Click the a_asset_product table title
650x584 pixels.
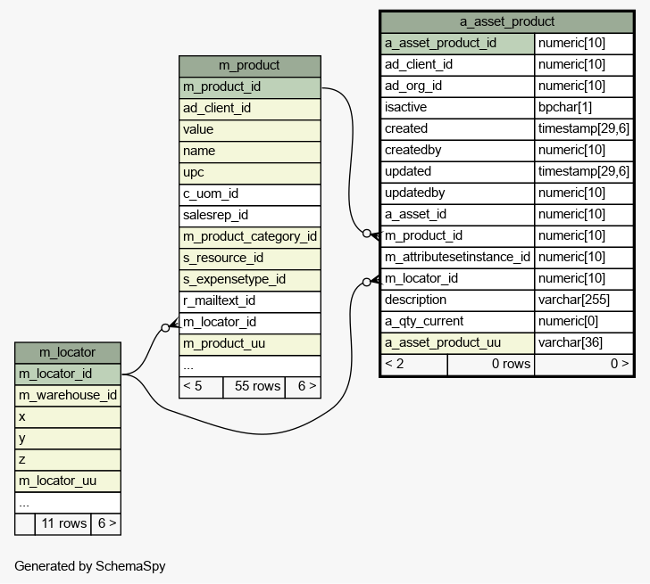(506, 21)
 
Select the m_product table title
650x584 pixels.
(249, 65)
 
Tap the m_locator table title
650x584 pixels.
(67, 352)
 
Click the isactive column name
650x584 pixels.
(405, 107)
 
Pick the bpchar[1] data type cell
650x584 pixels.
(564, 107)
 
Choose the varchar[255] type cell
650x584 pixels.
(574, 300)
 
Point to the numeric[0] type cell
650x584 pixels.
(568, 321)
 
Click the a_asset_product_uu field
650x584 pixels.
(442, 342)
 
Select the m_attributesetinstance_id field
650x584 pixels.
(457, 257)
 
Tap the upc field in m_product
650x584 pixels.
(193, 173)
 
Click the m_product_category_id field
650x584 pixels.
(250, 237)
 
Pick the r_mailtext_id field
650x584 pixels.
(219, 300)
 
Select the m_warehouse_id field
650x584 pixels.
(68, 395)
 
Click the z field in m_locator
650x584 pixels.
(22, 460)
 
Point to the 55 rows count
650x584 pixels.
(257, 386)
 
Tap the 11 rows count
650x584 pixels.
(64, 523)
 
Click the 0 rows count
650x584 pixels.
(511, 364)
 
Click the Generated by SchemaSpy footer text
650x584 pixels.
(90, 566)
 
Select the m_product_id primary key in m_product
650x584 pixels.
(221, 86)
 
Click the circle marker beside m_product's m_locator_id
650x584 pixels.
(165, 328)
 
